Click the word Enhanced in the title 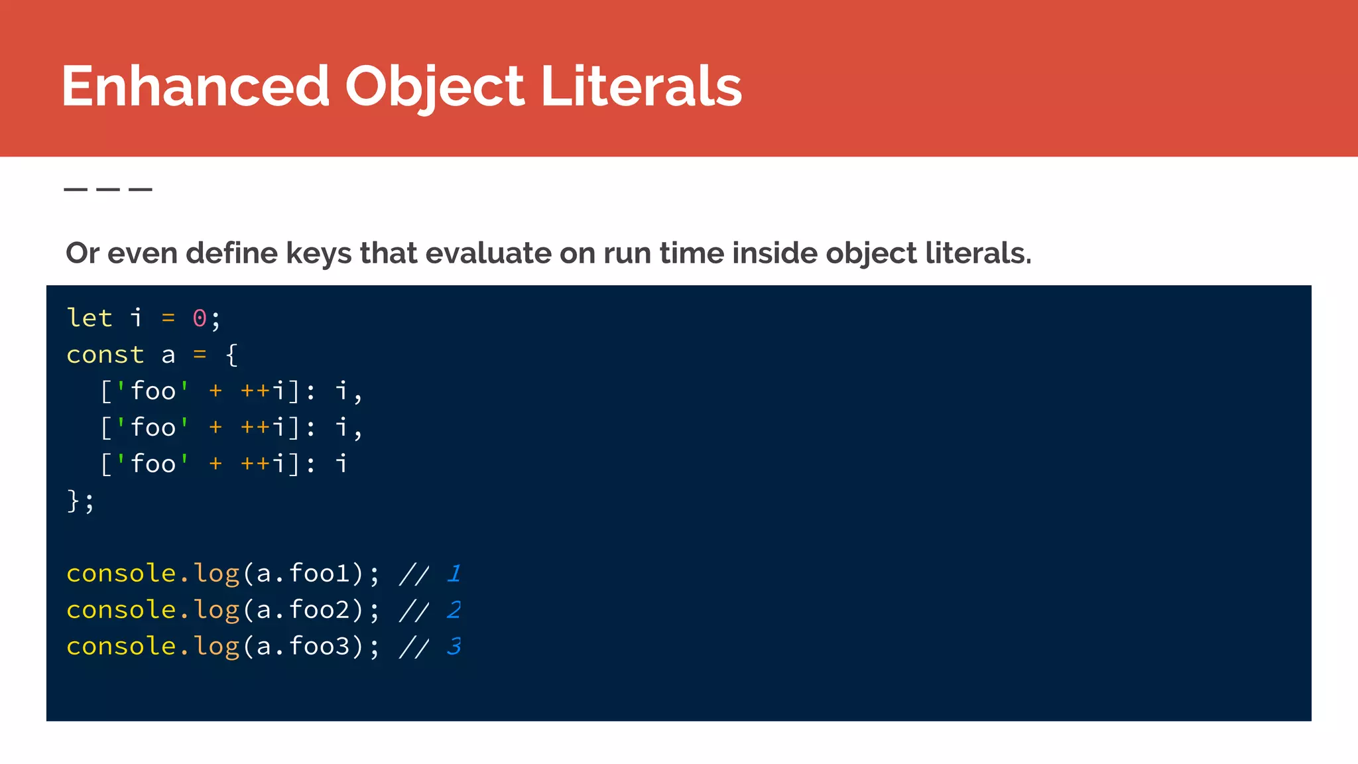(196, 86)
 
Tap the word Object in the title (434, 86)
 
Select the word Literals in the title (641, 86)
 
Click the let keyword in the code (90, 318)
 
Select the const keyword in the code (105, 355)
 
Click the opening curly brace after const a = (231, 355)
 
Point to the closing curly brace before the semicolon (73, 501)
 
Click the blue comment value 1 (454, 573)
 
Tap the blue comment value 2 (454, 609)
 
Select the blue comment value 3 (454, 646)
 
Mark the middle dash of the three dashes (108, 190)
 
